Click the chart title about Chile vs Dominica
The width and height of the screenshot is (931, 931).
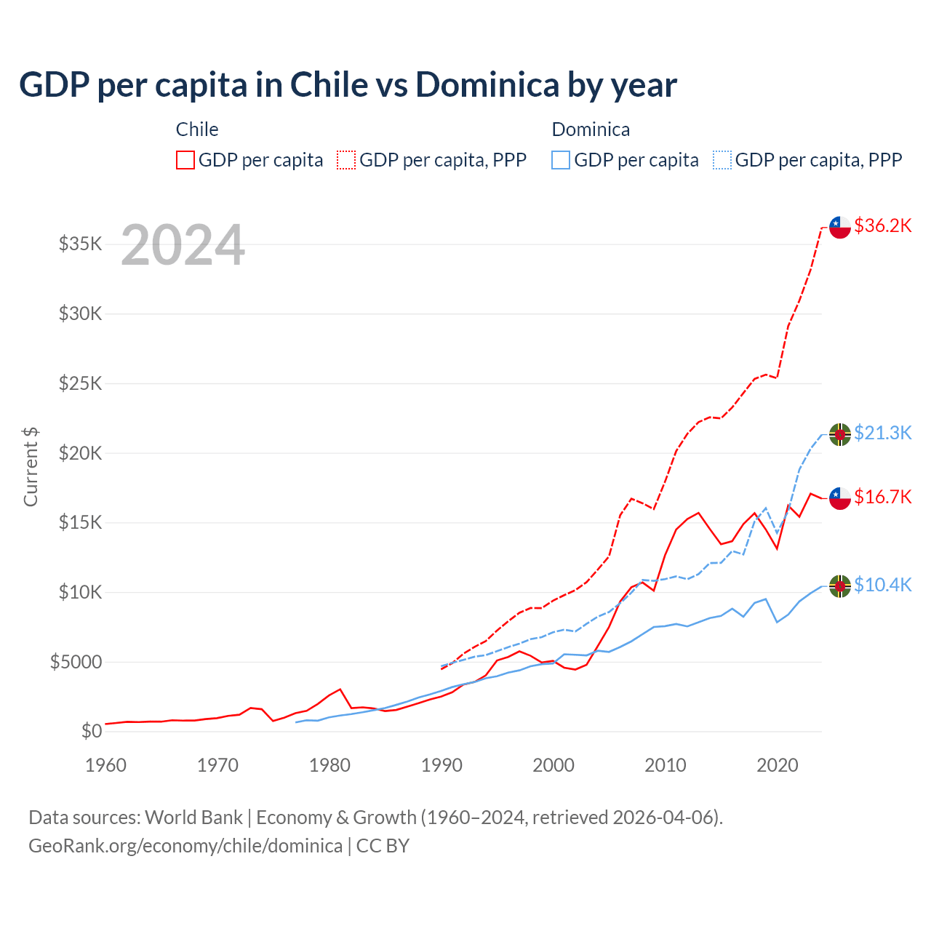(x=348, y=85)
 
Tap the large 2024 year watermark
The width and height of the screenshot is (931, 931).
(x=183, y=245)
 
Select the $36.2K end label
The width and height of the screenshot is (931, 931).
(x=882, y=225)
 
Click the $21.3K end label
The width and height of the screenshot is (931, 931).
(x=882, y=433)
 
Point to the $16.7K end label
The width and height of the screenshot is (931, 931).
(x=882, y=497)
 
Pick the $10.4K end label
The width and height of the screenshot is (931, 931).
(x=882, y=585)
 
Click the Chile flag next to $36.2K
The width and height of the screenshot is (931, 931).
(x=840, y=227)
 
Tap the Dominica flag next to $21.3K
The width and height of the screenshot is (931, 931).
(x=840, y=434)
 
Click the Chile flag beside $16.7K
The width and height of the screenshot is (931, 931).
(x=840, y=498)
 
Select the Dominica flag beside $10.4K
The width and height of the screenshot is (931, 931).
(x=840, y=586)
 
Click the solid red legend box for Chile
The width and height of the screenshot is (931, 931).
(x=185, y=160)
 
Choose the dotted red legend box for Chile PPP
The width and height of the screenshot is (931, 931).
(x=346, y=160)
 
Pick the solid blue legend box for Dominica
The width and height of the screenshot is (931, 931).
(x=561, y=160)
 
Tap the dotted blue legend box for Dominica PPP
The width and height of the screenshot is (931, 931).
(x=722, y=160)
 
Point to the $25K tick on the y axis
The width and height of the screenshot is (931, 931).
(x=81, y=383)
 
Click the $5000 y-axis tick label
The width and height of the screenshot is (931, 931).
(x=76, y=662)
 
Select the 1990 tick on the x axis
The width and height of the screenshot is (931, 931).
(x=441, y=765)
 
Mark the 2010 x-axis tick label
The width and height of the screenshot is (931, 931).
(x=666, y=765)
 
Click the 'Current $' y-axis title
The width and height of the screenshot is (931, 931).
(x=31, y=467)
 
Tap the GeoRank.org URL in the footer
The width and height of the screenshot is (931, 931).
(x=185, y=846)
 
